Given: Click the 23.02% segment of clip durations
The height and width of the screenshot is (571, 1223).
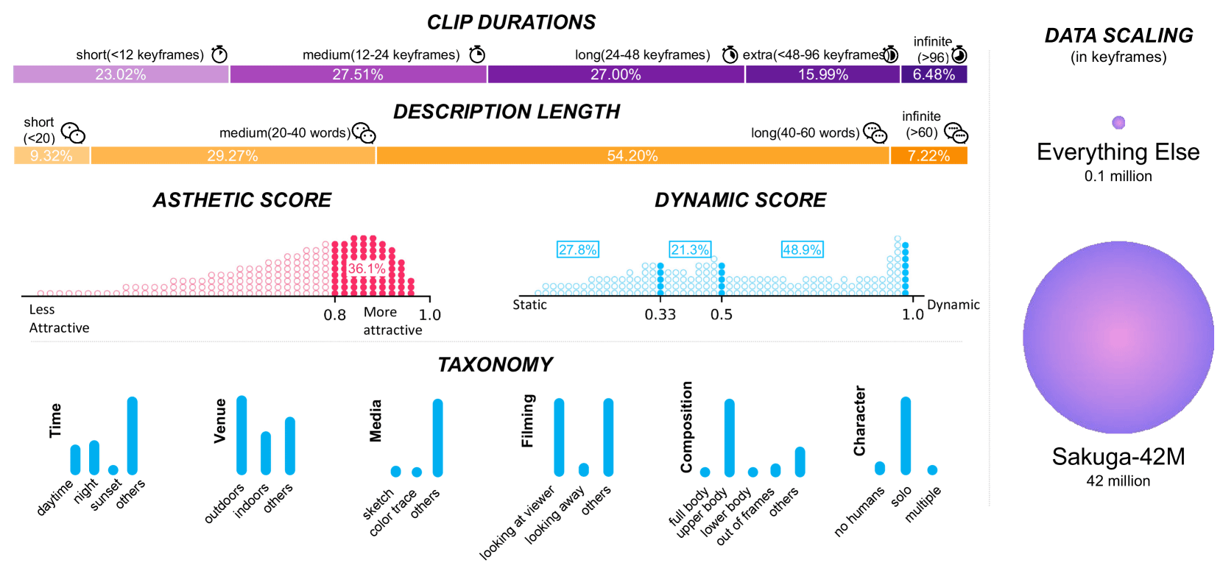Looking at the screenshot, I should point(121,74).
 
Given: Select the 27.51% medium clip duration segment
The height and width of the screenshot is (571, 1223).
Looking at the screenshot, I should point(358,74).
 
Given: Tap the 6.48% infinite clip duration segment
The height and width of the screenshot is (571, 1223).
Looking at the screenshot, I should point(934,74).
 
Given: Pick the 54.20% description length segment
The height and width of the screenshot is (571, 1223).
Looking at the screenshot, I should point(632,156).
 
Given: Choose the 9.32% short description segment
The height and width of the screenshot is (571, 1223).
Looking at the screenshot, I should point(52,156).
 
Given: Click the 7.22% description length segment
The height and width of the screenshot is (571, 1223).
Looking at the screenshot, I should point(928,156).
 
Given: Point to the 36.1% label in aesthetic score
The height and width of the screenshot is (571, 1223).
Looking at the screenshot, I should point(366,269).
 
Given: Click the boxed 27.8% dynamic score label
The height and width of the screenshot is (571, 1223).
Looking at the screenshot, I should point(577,250).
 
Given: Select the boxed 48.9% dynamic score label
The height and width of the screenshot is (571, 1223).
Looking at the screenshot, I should point(802,250).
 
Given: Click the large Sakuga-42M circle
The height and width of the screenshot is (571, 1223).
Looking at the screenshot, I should point(1118,338).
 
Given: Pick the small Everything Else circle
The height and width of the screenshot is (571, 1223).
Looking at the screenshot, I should point(1118,122).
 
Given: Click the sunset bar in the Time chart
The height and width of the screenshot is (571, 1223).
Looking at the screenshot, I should point(113,470).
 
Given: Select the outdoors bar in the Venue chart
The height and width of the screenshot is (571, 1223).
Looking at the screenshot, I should point(242,435).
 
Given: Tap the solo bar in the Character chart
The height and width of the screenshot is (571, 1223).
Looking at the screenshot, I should point(906,436).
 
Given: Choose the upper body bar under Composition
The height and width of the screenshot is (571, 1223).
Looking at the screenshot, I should point(729,438).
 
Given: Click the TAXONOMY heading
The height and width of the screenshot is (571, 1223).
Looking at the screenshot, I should point(496,364).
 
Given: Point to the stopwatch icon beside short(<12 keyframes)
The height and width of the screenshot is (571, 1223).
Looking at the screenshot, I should point(219,54).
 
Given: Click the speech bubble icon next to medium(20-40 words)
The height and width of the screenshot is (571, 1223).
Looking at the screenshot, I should point(364,132).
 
